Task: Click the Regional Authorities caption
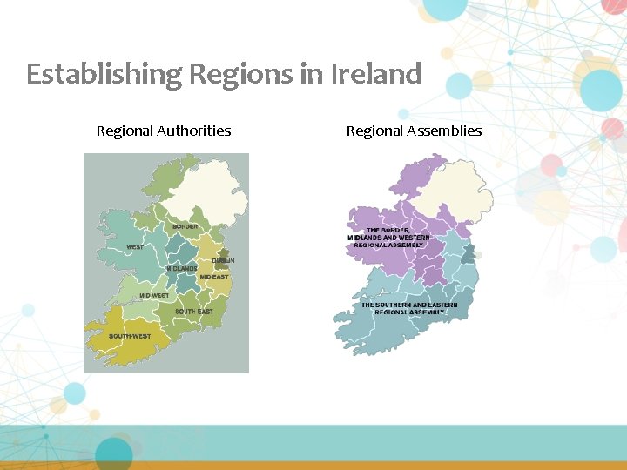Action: point(164,131)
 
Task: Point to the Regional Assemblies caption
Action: point(414,131)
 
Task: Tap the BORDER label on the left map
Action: point(185,227)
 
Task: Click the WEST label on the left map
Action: point(135,247)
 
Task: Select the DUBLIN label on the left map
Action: point(223,261)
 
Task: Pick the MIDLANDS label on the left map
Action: point(182,269)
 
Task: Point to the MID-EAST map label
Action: point(214,277)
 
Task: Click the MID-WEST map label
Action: point(154,296)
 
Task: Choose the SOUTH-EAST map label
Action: point(193,312)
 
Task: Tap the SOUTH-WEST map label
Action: point(129,336)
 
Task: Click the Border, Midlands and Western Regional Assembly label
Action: point(388,238)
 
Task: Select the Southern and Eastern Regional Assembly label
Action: point(409,308)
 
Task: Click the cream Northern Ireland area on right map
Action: point(460,191)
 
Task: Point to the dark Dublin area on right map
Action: point(469,253)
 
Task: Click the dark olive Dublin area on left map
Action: point(223,254)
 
